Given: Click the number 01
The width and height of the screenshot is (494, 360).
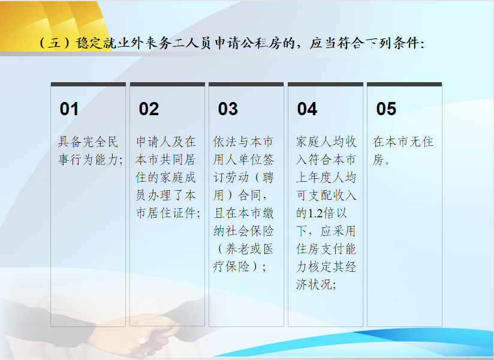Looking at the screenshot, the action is [x=69, y=109].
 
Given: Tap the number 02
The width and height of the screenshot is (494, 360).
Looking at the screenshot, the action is [x=149, y=109].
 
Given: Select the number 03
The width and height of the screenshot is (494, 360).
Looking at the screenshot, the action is [x=228, y=109].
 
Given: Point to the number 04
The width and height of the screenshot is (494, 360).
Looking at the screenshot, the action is [x=307, y=109].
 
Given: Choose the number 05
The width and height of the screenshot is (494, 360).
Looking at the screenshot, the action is [x=386, y=109].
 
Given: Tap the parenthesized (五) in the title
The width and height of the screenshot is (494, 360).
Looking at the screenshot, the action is [x=54, y=43].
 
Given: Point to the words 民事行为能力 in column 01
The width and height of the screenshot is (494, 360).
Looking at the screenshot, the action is [x=91, y=151].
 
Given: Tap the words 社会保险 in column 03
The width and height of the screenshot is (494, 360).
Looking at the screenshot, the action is [x=243, y=231].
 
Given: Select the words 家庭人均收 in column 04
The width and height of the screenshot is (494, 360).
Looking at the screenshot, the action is [x=326, y=142].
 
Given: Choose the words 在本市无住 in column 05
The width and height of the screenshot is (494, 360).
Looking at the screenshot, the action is [x=403, y=142].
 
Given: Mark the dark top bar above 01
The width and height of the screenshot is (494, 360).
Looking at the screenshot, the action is [x=88, y=84].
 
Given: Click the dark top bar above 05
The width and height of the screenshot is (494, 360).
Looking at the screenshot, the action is [x=405, y=84].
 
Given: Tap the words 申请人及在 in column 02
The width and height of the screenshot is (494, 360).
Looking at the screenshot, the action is [x=166, y=142].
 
